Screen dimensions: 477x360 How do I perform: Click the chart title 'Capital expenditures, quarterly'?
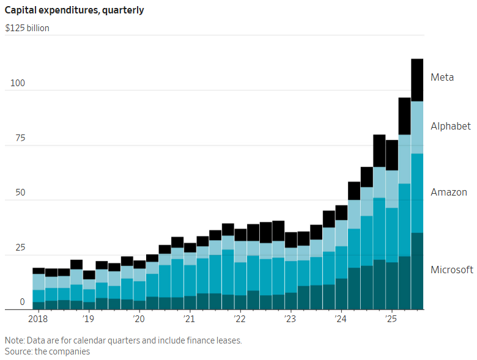click(74, 10)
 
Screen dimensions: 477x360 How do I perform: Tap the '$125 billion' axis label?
click(27, 28)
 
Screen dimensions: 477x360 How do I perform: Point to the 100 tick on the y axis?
click(18, 83)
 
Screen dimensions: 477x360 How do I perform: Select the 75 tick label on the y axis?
click(20, 138)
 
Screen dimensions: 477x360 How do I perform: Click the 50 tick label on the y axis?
click(20, 193)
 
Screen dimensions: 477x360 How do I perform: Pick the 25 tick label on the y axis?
click(20, 247)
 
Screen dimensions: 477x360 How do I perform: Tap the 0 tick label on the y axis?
click(22, 302)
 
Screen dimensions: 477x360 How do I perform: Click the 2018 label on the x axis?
click(38, 318)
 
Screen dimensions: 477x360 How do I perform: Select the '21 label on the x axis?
click(188, 318)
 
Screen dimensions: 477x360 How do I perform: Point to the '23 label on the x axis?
click(290, 318)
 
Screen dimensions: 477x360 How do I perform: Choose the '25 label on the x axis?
click(391, 318)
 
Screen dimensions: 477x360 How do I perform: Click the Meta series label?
click(442, 77)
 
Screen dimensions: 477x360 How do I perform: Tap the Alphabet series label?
click(451, 126)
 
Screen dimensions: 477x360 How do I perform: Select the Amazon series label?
click(449, 192)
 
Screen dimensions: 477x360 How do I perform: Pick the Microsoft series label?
click(452, 270)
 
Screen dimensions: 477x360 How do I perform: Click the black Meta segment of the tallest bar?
click(417, 80)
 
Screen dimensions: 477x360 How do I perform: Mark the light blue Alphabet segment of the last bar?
click(417, 127)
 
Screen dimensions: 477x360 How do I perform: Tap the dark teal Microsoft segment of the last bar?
click(417, 271)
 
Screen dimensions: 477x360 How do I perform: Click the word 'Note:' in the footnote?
click(15, 340)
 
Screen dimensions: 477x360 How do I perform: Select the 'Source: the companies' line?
click(48, 351)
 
